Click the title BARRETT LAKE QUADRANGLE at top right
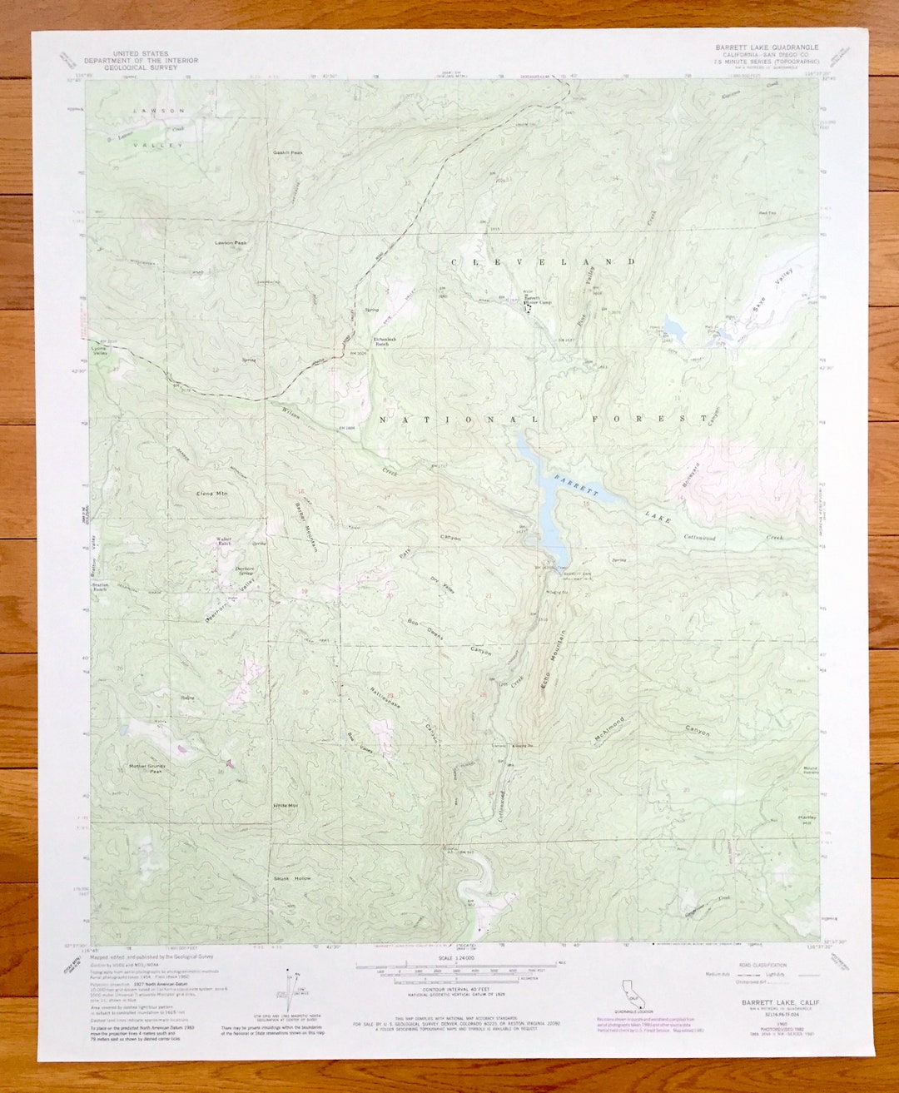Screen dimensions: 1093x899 [x=767, y=47]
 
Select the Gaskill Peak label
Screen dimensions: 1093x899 [x=288, y=152]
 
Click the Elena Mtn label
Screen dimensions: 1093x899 [x=211, y=494]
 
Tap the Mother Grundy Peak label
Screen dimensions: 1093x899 [x=145, y=768]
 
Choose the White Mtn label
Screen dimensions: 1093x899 [x=286, y=807]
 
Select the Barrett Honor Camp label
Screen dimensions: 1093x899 [x=537, y=301]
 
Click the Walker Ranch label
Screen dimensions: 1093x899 [x=224, y=541]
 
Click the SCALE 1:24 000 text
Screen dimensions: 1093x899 [x=454, y=958]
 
